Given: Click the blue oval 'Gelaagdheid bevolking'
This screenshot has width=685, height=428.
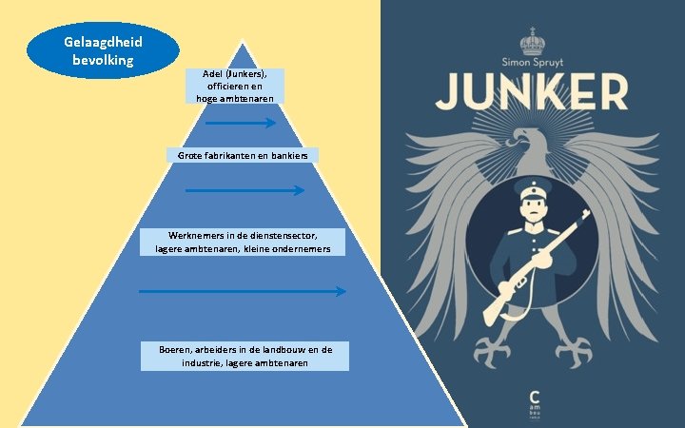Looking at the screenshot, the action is tap(104, 51).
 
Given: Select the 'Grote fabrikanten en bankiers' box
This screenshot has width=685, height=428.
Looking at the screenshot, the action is tap(242, 154).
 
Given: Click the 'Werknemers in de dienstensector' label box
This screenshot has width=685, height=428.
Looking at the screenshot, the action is tap(243, 242).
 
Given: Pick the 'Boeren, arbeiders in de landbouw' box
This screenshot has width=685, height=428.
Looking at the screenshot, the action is tap(245, 356).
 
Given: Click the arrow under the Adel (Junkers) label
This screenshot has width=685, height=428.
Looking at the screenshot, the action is tap(241, 123).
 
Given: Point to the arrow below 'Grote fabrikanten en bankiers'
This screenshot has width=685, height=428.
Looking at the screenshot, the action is tap(245, 190).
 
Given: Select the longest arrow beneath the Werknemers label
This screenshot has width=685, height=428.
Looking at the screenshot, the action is tap(243, 291).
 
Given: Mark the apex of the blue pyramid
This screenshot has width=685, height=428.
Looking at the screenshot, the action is tap(244, 44).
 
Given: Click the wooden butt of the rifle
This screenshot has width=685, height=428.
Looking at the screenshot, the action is tap(496, 303).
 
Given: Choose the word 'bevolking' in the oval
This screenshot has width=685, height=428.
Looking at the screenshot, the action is tap(104, 60).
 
